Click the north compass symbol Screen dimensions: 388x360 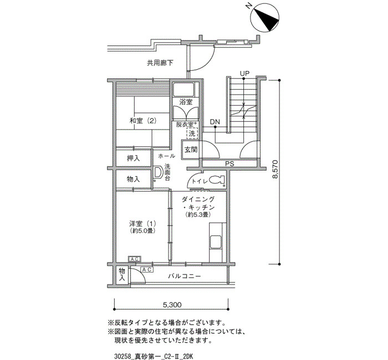[x=265, y=17]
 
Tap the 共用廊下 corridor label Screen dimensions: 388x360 [x=160, y=63]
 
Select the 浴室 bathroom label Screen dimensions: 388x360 [x=186, y=101]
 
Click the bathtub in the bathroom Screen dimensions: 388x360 [x=183, y=90]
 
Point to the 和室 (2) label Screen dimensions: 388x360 [x=143, y=121]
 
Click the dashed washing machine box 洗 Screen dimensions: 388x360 [x=192, y=134]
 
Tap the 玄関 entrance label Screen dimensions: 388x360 [x=191, y=150]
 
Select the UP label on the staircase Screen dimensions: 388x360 [x=244, y=74]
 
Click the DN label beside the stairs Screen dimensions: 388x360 [x=215, y=122]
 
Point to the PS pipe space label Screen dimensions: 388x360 [x=229, y=163]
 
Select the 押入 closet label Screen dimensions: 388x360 [x=134, y=158]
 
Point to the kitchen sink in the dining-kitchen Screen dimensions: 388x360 [x=216, y=241]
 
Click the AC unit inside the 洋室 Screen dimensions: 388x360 [x=134, y=259]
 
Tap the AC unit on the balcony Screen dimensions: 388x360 [x=147, y=270]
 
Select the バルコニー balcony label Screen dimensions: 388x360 [x=185, y=276]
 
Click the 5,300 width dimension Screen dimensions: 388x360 [x=172, y=305]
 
